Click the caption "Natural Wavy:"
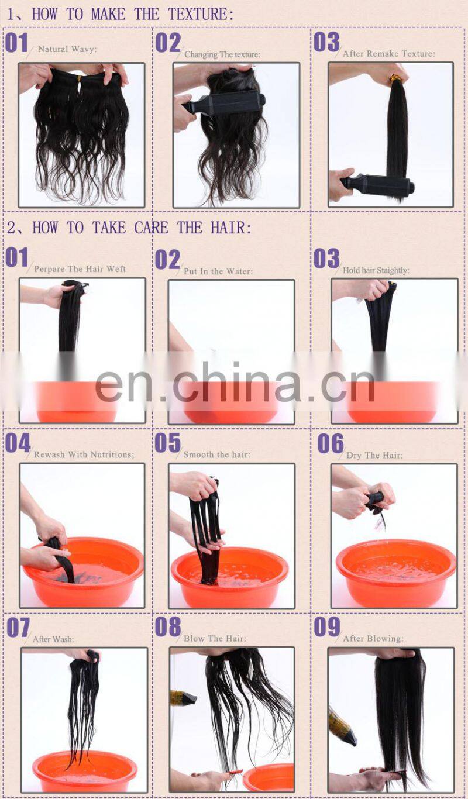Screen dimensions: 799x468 coord(67,49)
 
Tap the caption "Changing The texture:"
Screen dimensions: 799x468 coord(222,54)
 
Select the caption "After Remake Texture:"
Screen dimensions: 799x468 coord(388,53)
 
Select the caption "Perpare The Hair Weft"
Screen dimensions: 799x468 coord(80,269)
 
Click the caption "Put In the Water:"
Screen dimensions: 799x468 coord(218,271)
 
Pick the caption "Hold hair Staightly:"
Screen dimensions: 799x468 coord(376,270)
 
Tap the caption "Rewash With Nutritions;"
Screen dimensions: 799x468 coord(84,454)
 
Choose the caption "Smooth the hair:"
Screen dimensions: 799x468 coord(216,454)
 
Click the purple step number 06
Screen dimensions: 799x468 coord(331,444)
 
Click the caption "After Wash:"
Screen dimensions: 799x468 coord(53,639)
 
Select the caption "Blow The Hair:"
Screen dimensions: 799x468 coord(215,639)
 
